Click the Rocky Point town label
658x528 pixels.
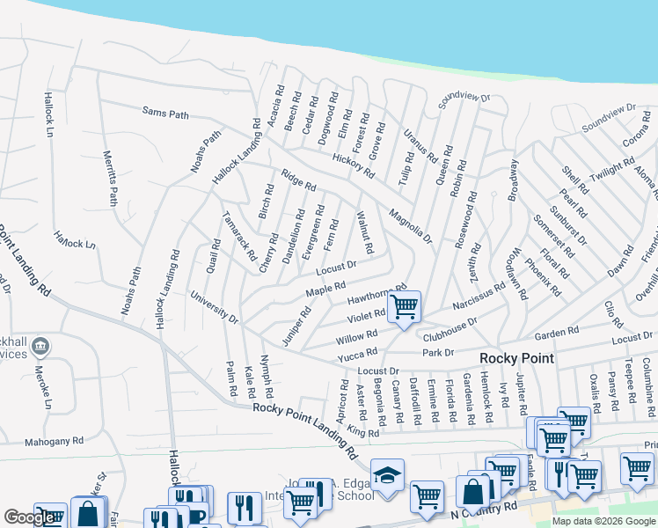pos(516,358)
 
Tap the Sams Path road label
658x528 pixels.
pos(165,114)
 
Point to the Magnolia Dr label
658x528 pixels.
pos(411,224)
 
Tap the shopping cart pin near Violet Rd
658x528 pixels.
pos(404,308)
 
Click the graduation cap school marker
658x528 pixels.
pos(387,476)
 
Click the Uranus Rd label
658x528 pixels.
pos(420,146)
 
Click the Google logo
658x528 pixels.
pos(30,517)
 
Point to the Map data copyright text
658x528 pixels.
pos(603,521)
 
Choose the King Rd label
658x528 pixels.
pos(362,432)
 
